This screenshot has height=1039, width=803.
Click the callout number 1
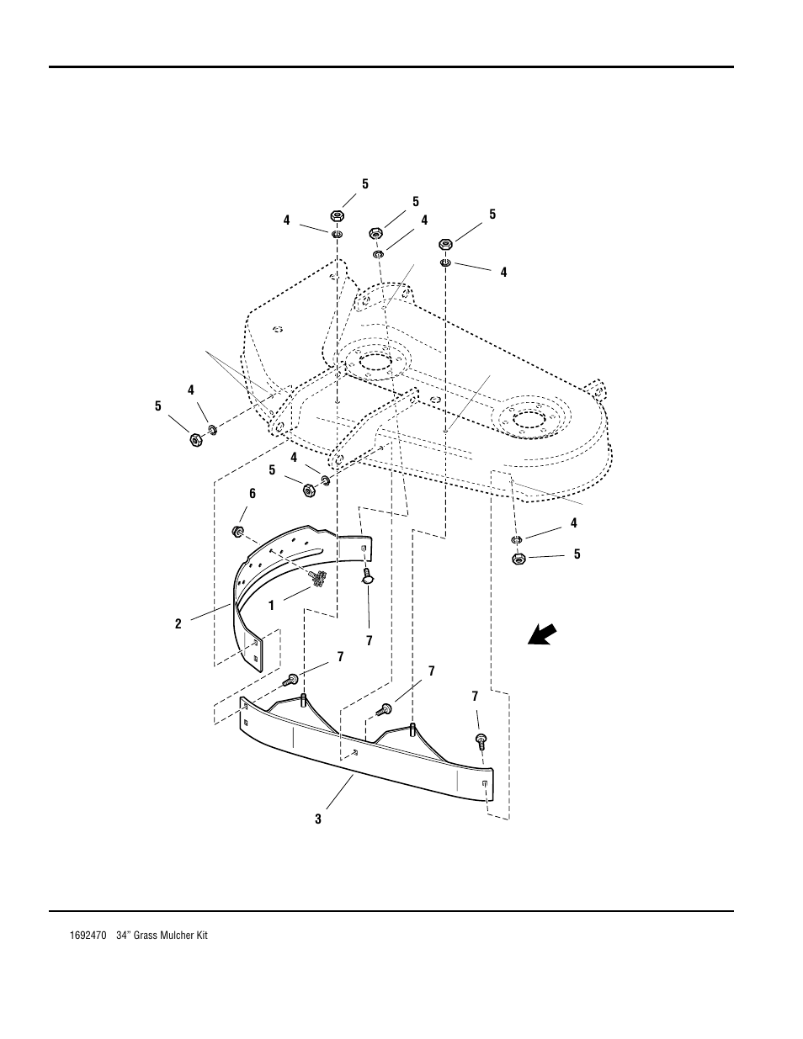pos(272,606)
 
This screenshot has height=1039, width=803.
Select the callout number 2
pos(178,623)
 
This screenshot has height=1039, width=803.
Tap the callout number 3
pos(318,819)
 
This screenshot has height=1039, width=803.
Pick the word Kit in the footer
pos(199,935)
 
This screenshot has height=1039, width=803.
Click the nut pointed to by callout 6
pos(237,532)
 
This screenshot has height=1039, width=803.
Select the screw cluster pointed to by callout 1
pos(319,578)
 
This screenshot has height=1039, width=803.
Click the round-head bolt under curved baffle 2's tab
pos(368,575)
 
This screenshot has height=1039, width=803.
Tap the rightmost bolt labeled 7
pos(481,740)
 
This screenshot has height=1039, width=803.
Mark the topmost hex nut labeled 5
pos(337,216)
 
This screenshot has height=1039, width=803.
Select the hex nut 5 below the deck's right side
pos(518,558)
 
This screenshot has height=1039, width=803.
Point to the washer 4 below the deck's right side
pos(517,538)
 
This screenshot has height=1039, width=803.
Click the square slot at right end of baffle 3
pos(486,784)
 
